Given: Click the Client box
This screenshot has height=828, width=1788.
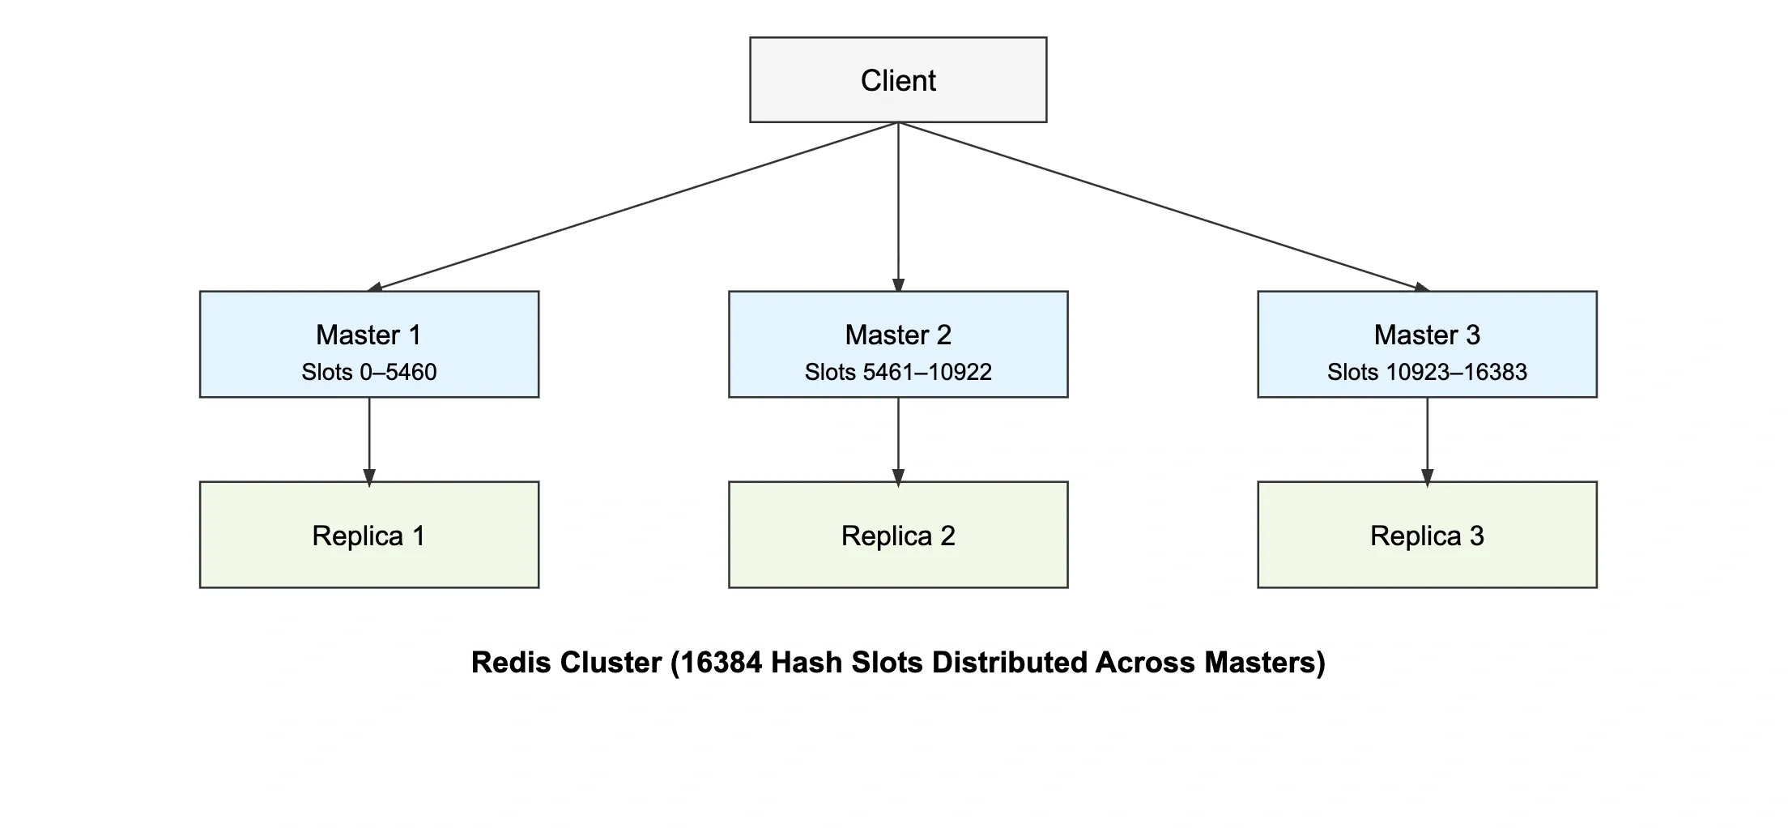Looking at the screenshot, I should pyautogui.click(x=897, y=80).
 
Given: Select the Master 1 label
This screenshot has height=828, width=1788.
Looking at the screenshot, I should pyautogui.click(x=368, y=335).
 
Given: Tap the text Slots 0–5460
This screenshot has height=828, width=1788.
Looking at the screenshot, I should pyautogui.click(x=368, y=372).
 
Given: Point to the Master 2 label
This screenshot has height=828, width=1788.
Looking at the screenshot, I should pyautogui.click(x=897, y=335).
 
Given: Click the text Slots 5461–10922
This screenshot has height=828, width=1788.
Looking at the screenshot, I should pyautogui.click(x=897, y=372).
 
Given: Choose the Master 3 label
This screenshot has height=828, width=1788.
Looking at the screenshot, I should pyautogui.click(x=1427, y=335).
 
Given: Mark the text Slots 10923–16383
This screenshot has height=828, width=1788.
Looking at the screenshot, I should pyautogui.click(x=1427, y=372).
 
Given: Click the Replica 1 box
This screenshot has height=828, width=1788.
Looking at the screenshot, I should pyautogui.click(x=368, y=535).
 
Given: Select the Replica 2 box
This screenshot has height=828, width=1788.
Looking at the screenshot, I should pyautogui.click(x=897, y=535).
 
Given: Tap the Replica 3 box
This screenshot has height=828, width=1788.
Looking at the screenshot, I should pyautogui.click(x=1427, y=535).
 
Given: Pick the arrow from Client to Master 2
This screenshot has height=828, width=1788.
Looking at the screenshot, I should pyautogui.click(x=897, y=207).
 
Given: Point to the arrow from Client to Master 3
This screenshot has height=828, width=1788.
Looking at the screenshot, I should pyautogui.click(x=1163, y=207).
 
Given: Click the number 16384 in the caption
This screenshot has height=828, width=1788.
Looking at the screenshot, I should pyautogui.click(x=721, y=663).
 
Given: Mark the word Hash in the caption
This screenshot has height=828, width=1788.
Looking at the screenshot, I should pyautogui.click(x=807, y=663).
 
